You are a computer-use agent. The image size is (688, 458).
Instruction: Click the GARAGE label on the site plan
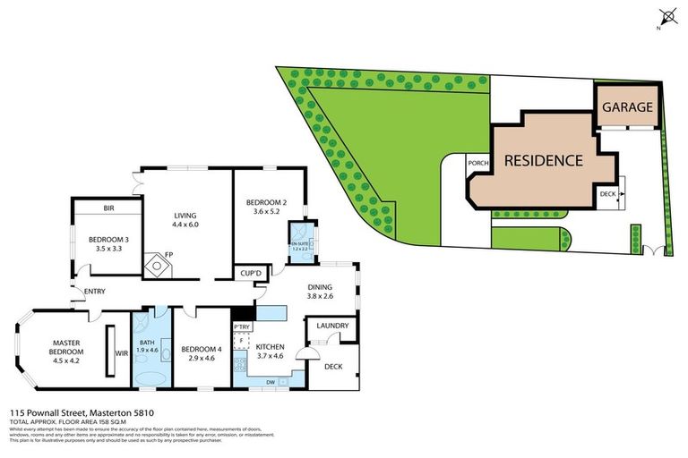[627, 107]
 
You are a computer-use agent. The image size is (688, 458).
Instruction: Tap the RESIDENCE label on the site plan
[543, 161]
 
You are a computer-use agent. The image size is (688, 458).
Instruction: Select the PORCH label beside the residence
[477, 163]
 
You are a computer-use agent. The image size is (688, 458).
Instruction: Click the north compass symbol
[666, 15]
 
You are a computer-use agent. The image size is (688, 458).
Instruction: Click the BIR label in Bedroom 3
[108, 208]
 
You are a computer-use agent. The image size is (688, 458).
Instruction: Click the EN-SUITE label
[298, 243]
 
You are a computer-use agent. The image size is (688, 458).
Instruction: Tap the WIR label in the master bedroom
[122, 352]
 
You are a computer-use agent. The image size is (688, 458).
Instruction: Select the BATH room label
[148, 341]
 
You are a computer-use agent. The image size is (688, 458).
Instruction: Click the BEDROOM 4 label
[200, 349]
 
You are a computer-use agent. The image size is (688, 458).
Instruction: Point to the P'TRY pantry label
[241, 327]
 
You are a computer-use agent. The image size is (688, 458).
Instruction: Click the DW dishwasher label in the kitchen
[270, 382]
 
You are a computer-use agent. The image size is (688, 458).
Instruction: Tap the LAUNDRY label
[332, 326]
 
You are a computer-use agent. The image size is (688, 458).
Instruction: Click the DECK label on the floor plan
[333, 367]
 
